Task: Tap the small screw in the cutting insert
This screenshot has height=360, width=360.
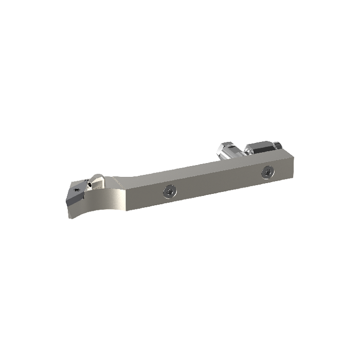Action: pyautogui.click(x=77, y=191)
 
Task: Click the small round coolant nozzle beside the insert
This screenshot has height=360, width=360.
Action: pyautogui.click(x=91, y=183)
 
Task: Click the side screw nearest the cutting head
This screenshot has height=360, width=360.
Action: pyautogui.click(x=169, y=191)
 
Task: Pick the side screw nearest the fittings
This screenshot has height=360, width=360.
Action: pyautogui.click(x=266, y=171)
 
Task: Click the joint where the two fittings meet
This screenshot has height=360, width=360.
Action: pyautogui.click(x=244, y=151)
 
